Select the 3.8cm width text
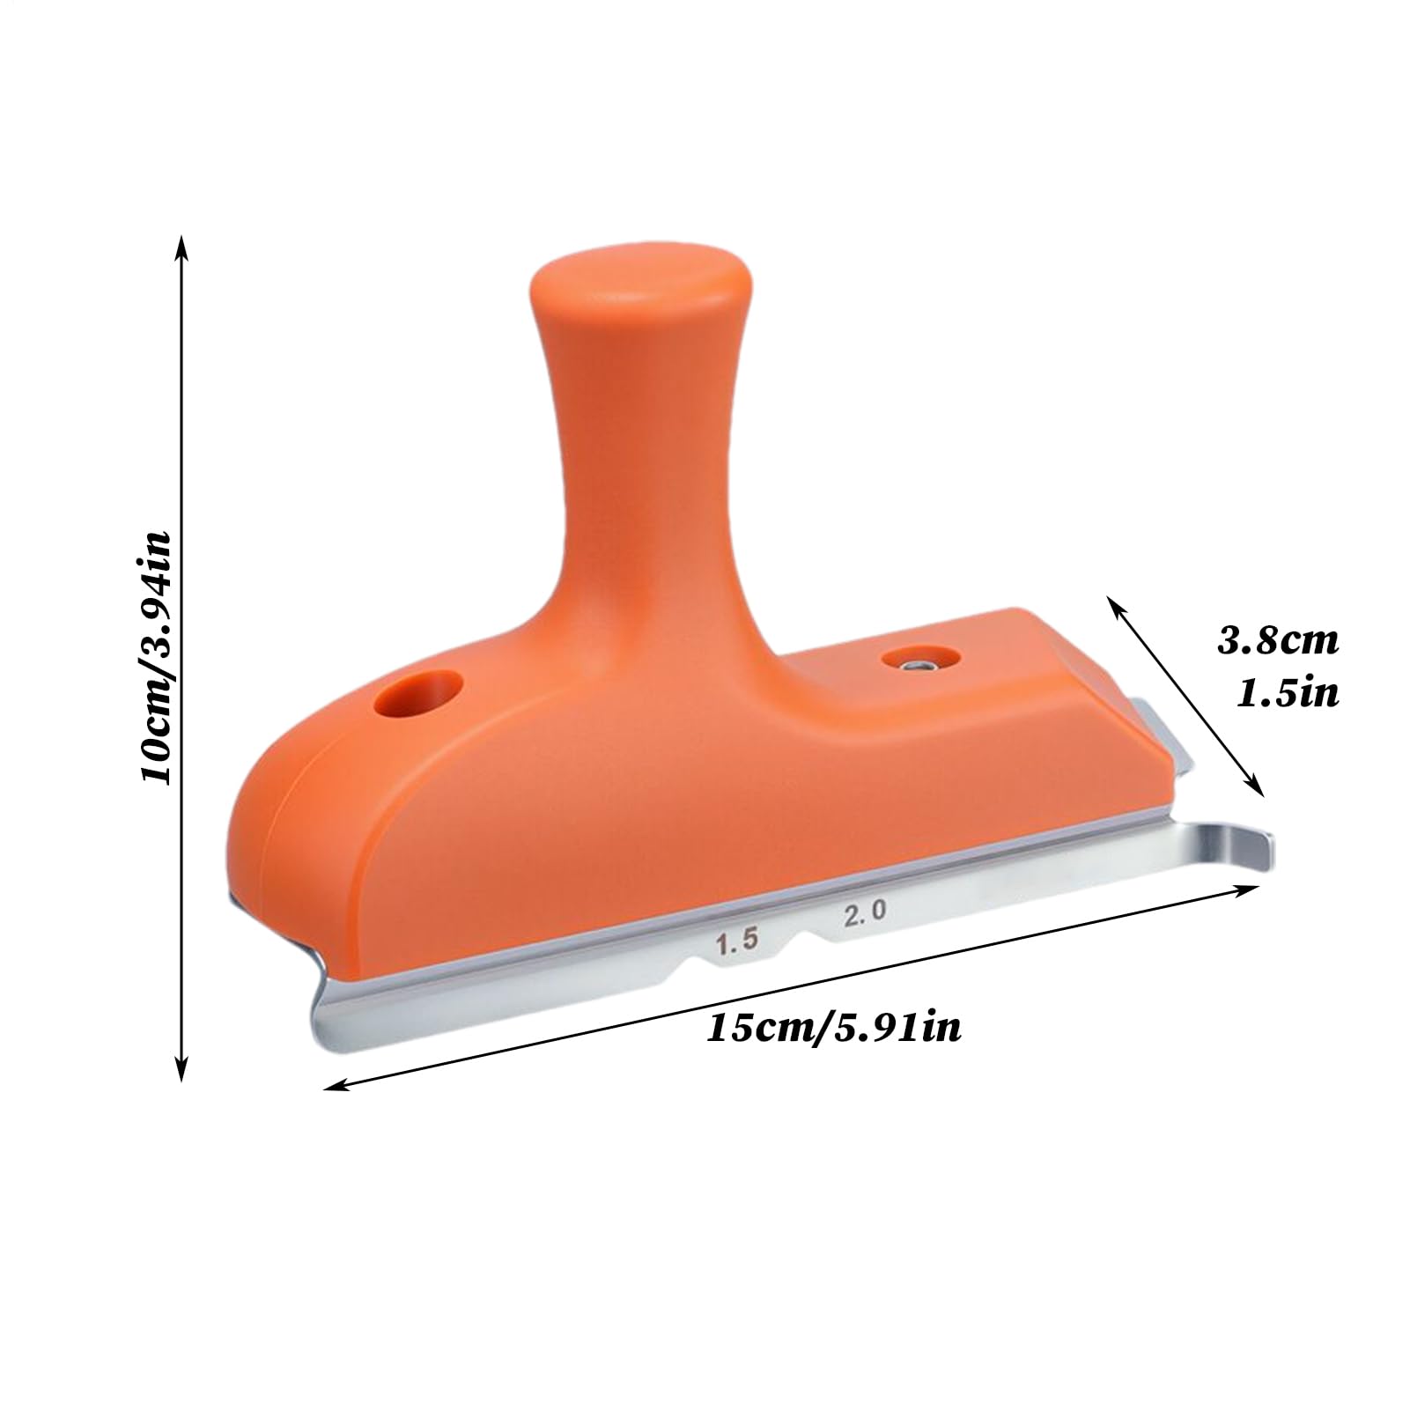[1279, 640]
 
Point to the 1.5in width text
[1288, 694]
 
